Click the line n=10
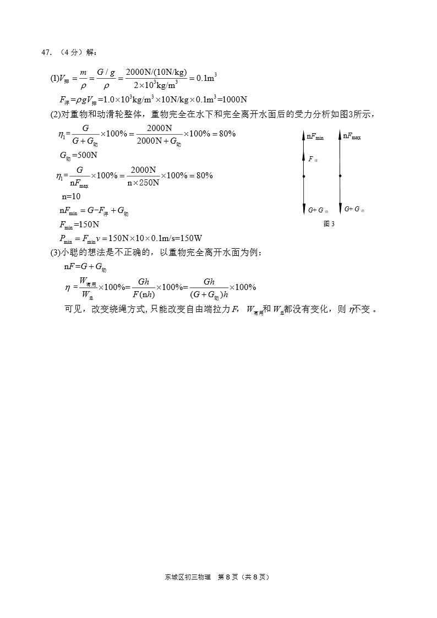[71, 196]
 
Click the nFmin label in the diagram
[315, 137]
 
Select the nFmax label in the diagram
[352, 136]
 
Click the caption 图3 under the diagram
[329, 224]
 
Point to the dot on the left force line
[304, 176]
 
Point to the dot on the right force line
[340, 176]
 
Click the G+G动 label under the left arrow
[318, 210]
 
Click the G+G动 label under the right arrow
[354, 209]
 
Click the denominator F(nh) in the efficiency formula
[144, 294]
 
